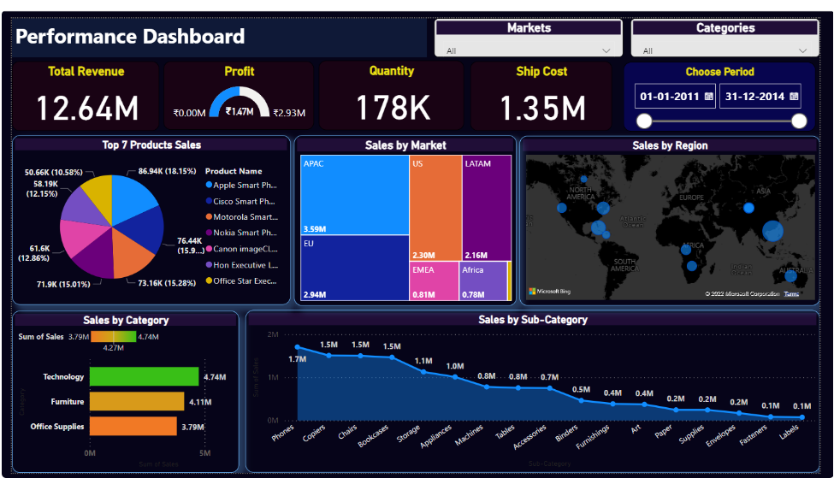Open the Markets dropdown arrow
(x=606, y=51)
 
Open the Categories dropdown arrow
(x=803, y=51)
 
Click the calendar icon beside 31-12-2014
(x=796, y=97)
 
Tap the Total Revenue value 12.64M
(x=88, y=108)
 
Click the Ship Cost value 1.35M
(x=542, y=108)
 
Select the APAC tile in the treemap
(x=354, y=194)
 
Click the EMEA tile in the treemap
(x=434, y=281)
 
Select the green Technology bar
(x=144, y=376)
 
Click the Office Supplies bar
(x=133, y=426)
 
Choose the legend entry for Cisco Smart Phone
(x=244, y=202)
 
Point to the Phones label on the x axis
(x=283, y=435)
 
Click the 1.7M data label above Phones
(x=298, y=359)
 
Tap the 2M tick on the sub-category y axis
(x=273, y=334)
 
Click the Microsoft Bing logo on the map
(x=549, y=292)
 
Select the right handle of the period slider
(x=799, y=121)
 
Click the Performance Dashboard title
(x=130, y=37)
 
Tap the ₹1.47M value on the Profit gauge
(x=240, y=111)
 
